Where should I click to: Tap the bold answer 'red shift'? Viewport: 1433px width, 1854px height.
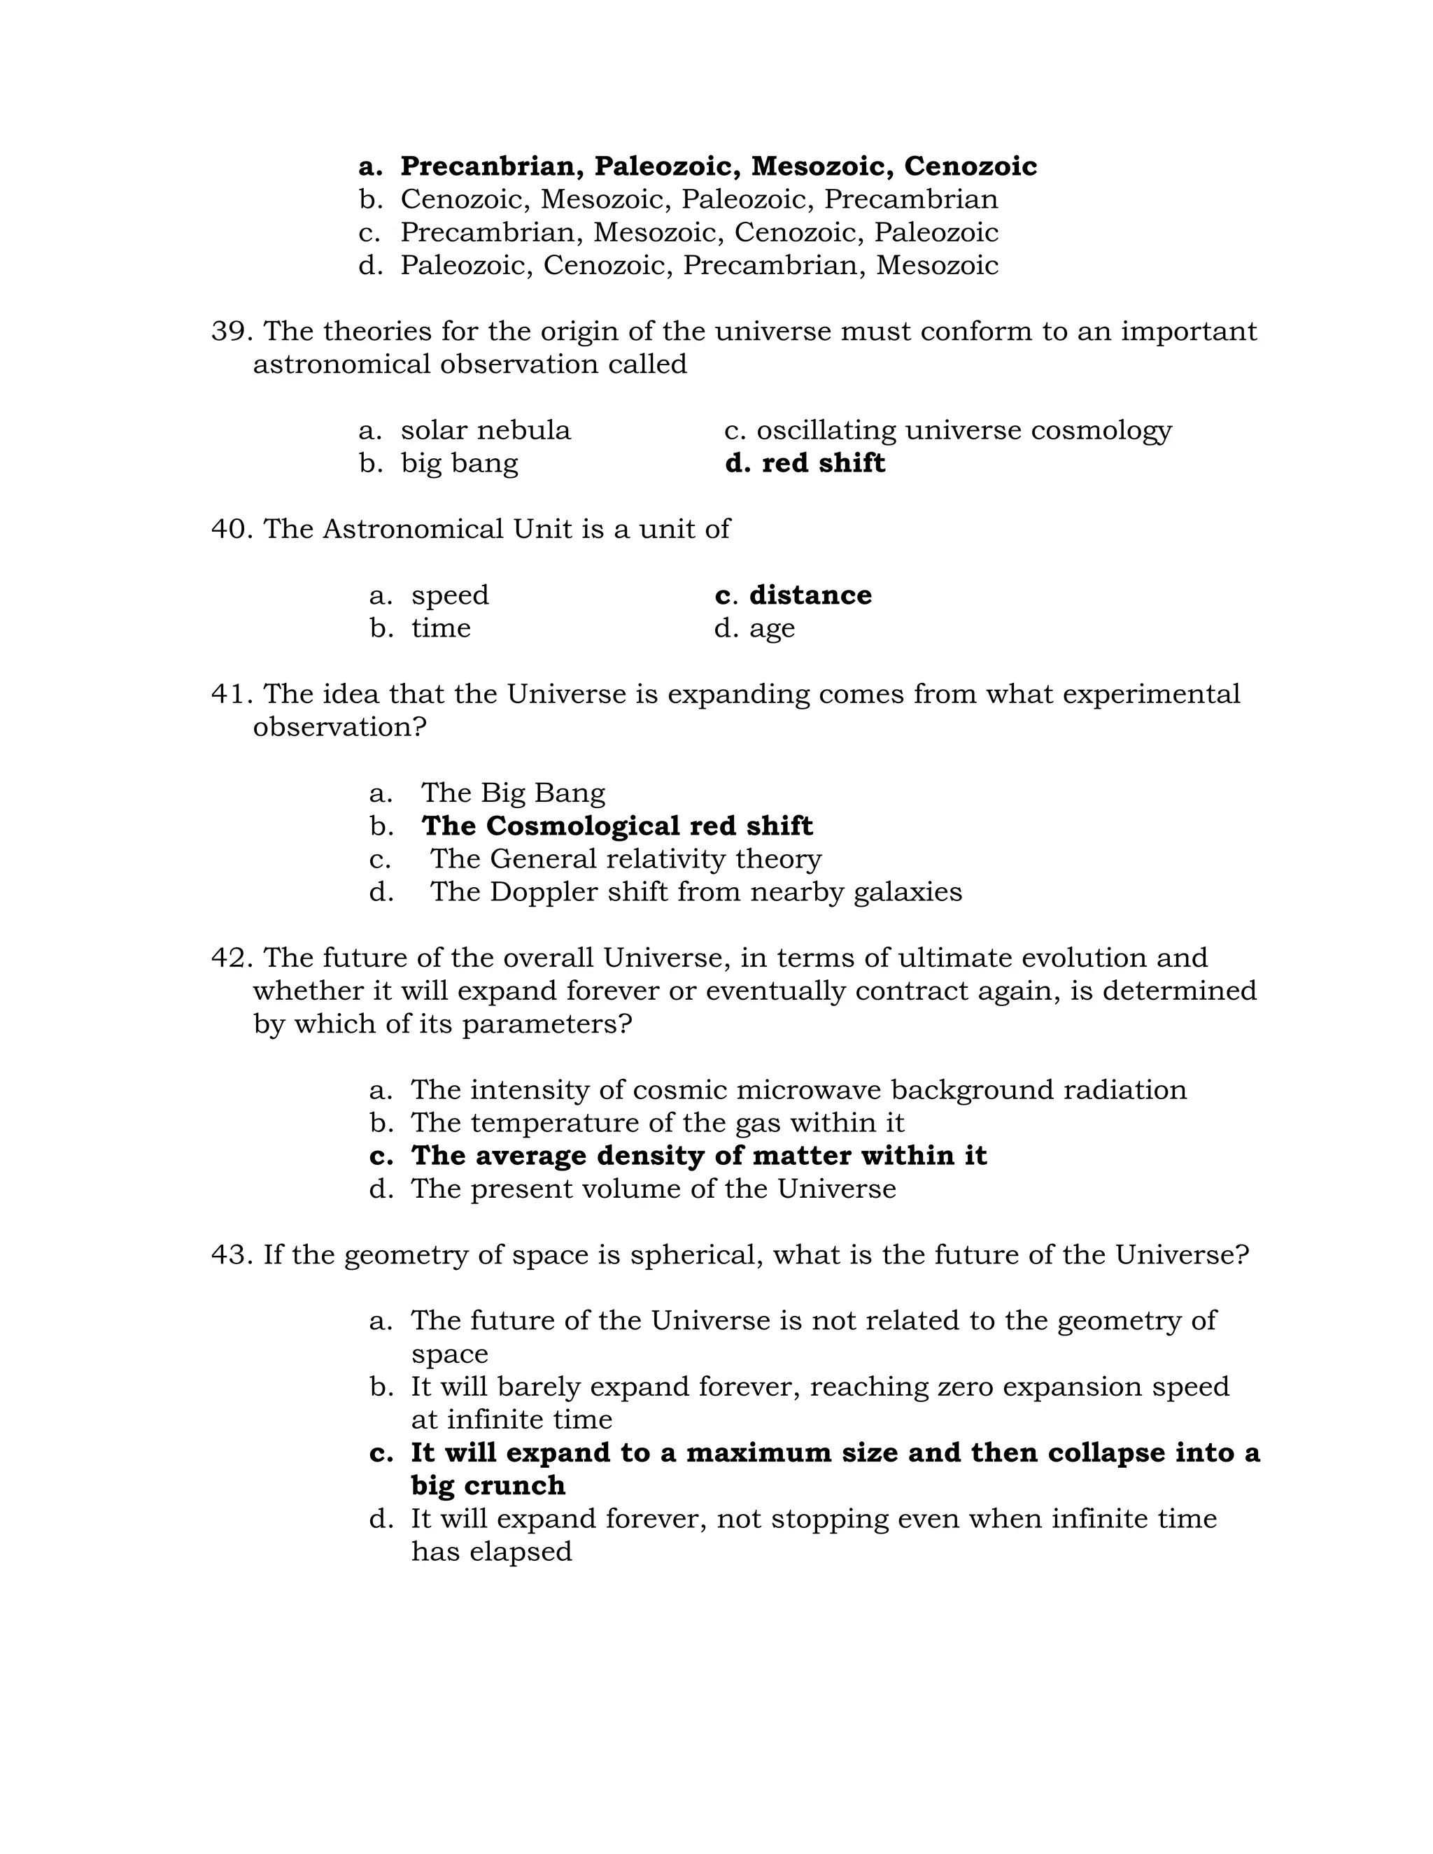pyautogui.click(x=823, y=463)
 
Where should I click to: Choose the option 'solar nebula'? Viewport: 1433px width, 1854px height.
pyautogui.click(x=485, y=430)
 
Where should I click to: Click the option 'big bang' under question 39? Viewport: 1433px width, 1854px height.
pyautogui.click(x=458, y=463)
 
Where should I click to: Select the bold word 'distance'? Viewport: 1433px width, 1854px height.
pyautogui.click(x=810, y=595)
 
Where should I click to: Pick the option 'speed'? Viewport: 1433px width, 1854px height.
pyautogui.click(x=450, y=595)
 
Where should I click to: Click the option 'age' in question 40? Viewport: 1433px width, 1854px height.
pyautogui.click(x=772, y=629)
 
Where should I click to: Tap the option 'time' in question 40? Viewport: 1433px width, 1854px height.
pyautogui.click(x=441, y=628)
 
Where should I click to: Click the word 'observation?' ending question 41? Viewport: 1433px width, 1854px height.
pyautogui.click(x=339, y=728)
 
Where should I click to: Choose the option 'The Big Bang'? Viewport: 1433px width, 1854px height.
pyautogui.click(x=513, y=793)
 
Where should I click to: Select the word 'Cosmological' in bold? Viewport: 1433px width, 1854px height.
pyautogui.click(x=584, y=826)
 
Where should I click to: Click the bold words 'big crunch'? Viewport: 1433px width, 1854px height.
pyautogui.click(x=488, y=1485)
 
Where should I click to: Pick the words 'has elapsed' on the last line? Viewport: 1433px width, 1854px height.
pyautogui.click(x=491, y=1552)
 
